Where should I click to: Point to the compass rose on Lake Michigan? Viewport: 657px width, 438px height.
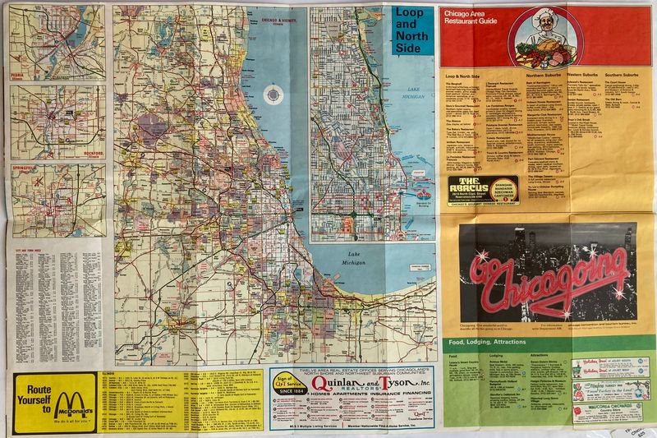click(272, 97)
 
